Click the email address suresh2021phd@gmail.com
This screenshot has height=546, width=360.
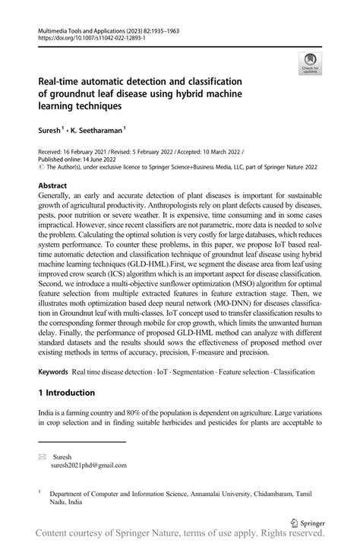coord(88,465)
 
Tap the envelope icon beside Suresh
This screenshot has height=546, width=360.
coord(43,456)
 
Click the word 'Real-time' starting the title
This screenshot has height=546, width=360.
coord(61,81)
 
